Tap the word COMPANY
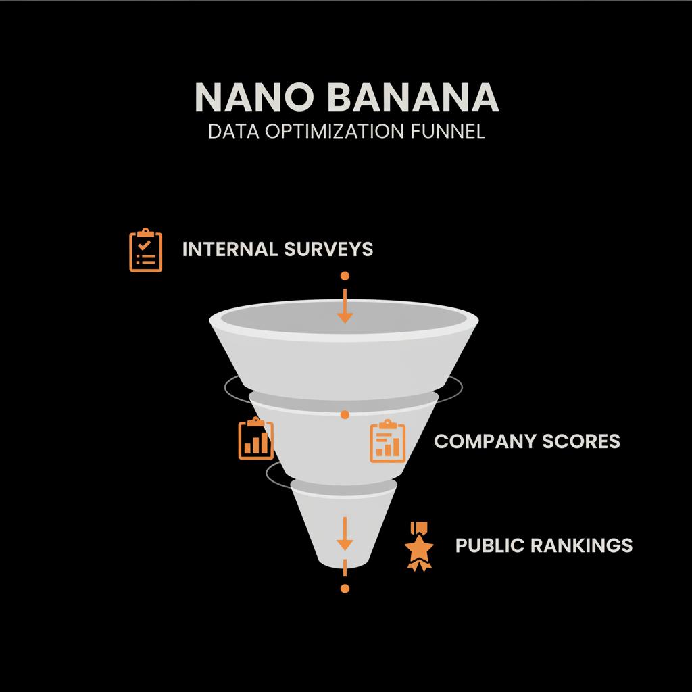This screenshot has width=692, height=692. click(484, 441)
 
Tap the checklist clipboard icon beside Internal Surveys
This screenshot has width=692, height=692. click(145, 251)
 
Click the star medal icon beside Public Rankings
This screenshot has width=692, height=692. click(419, 545)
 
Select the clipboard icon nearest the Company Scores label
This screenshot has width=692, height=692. click(388, 441)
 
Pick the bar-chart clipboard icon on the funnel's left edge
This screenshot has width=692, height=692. click(256, 439)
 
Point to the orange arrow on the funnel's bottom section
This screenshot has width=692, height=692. click(345, 534)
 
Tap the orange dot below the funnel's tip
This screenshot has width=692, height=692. click(345, 589)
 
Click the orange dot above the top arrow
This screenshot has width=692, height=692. click(345, 276)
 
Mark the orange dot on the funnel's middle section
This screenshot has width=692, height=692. click(345, 414)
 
